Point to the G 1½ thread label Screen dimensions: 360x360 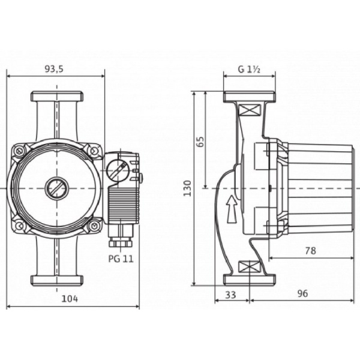pyautogui.click(x=248, y=69)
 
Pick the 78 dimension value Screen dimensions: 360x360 pyautogui.click(x=310, y=251)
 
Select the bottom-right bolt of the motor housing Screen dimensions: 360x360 pyautogui.click(x=93, y=226)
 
